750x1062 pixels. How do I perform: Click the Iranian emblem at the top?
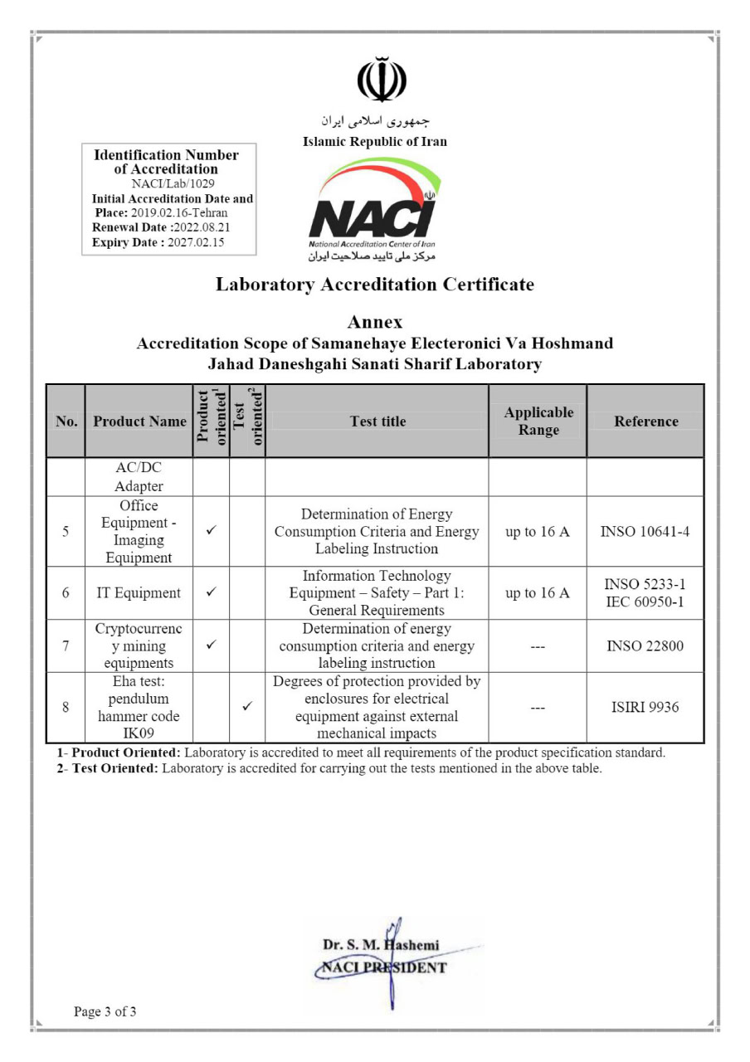pyautogui.click(x=381, y=80)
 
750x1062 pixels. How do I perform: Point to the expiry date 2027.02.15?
pyautogui.click(x=196, y=242)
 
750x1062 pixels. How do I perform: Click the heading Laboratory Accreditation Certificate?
pyautogui.click(x=375, y=285)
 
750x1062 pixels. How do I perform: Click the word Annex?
pyautogui.click(x=375, y=322)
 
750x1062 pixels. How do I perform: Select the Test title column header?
pyautogui.click(x=377, y=421)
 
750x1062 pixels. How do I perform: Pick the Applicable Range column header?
pyautogui.click(x=538, y=421)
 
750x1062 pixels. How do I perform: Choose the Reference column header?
pyautogui.click(x=645, y=421)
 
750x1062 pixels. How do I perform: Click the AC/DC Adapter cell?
pyautogui.click(x=139, y=477)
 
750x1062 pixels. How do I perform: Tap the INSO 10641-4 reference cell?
pyautogui.click(x=645, y=532)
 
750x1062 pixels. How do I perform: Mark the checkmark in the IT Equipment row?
pyautogui.click(x=211, y=593)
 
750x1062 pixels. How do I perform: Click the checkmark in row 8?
pyautogui.click(x=246, y=707)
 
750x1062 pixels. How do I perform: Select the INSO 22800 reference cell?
pyautogui.click(x=645, y=645)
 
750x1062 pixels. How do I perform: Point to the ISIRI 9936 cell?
pyautogui.click(x=645, y=707)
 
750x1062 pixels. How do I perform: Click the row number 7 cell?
pyautogui.click(x=66, y=645)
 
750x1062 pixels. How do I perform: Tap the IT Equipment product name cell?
pyautogui.click(x=139, y=593)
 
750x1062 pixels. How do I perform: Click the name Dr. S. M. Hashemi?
pyautogui.click(x=381, y=945)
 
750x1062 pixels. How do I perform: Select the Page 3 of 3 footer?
pyautogui.click(x=105, y=1011)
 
